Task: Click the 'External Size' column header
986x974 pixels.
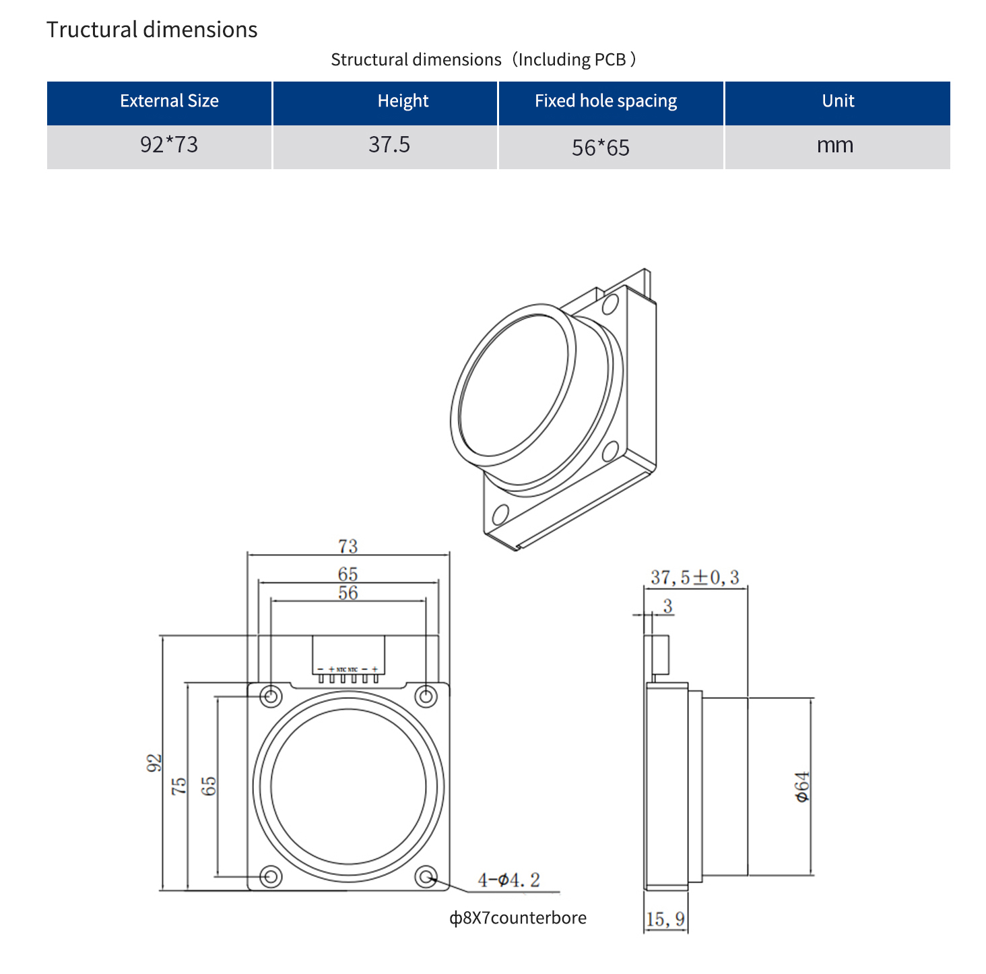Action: click(x=169, y=101)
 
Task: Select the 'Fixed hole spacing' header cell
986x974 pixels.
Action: click(x=605, y=101)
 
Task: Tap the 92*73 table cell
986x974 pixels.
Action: click(x=169, y=145)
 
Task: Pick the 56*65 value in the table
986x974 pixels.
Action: click(x=601, y=148)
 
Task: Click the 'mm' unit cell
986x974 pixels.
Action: click(x=835, y=145)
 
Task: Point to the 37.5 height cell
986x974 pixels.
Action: click(x=389, y=145)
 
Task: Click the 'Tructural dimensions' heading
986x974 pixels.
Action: click(x=152, y=30)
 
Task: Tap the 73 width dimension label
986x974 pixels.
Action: click(x=348, y=545)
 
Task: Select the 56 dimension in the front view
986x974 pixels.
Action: click(x=348, y=592)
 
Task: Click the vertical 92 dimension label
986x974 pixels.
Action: click(x=154, y=763)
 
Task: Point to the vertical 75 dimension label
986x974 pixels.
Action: click(x=178, y=786)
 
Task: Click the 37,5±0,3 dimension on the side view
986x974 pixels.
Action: click(x=694, y=578)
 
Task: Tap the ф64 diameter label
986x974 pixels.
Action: click(x=802, y=787)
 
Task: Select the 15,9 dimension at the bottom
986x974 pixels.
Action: click(x=665, y=919)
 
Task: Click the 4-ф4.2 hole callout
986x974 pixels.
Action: click(x=508, y=880)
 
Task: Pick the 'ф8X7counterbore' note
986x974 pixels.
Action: click(x=518, y=918)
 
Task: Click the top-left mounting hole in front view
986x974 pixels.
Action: click(x=271, y=696)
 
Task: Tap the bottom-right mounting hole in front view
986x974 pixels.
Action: click(x=426, y=877)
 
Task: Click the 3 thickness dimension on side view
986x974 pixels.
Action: click(x=667, y=606)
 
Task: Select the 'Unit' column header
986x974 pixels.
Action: click(x=838, y=101)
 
